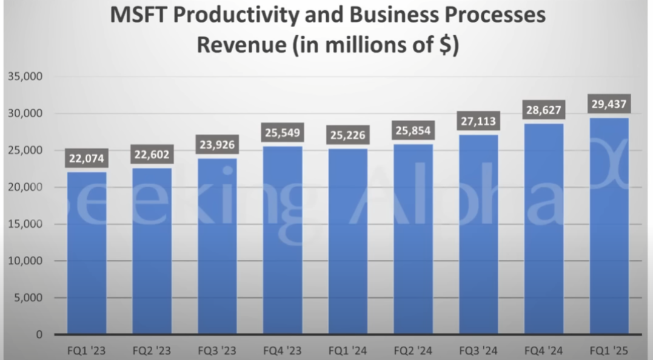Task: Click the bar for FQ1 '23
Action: [87, 253]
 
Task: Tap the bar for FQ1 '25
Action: [609, 225]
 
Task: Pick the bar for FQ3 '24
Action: [478, 234]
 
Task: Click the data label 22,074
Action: [87, 159]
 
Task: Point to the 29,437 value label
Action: [609, 104]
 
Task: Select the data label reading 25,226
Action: [348, 135]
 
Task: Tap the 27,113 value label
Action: [478, 122]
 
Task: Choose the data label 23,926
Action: [217, 145]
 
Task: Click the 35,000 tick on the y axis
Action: [25, 77]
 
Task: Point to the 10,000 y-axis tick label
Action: [25, 261]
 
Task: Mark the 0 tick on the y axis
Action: [39, 335]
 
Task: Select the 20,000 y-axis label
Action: [25, 187]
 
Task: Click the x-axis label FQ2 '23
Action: [152, 350]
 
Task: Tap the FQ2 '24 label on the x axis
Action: [413, 350]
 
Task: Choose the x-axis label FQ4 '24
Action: [543, 350]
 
